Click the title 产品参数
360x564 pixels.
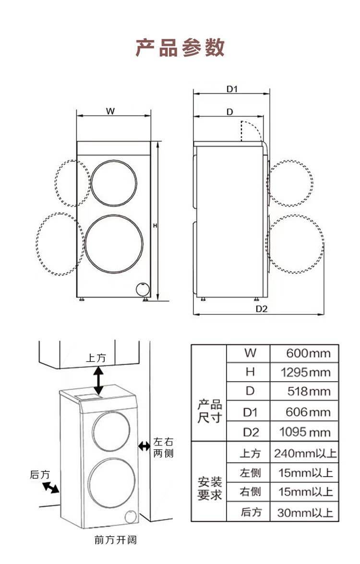(180, 48)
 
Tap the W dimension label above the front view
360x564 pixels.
(110, 111)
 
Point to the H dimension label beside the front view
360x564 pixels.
(156, 226)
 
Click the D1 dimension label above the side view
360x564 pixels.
(232, 89)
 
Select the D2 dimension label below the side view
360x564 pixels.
(262, 309)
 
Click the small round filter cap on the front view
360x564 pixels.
(143, 289)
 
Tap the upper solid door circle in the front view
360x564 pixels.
(114, 183)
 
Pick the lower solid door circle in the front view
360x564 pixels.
(114, 243)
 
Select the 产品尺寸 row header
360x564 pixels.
(210, 411)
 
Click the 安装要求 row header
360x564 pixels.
(210, 489)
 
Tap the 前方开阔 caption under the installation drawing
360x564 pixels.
(116, 540)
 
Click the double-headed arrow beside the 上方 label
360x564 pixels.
(98, 380)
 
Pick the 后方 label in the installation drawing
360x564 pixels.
(39, 475)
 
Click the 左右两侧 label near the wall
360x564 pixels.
(163, 447)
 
